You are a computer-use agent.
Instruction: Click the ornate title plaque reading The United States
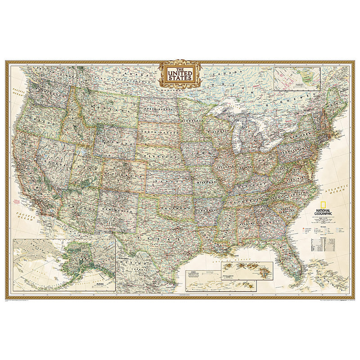coord(179,73)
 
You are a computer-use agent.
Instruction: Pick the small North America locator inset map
coord(297,79)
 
